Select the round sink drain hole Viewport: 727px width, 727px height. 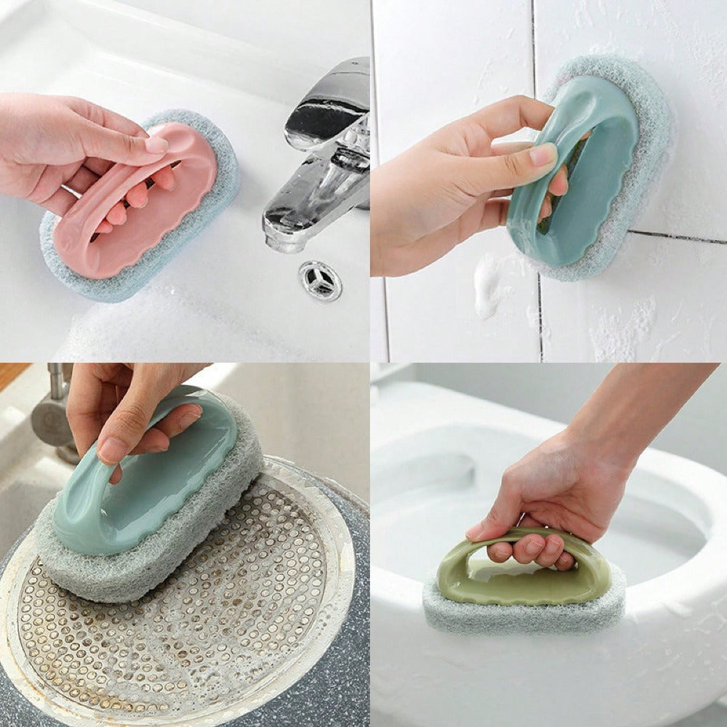tap(320, 280)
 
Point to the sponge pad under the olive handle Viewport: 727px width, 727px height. tap(523, 614)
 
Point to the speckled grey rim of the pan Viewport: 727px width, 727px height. tap(342, 654)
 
